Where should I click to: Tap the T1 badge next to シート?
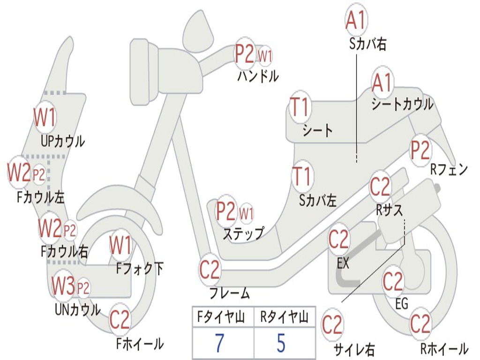[x=300, y=107]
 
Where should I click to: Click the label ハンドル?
[x=258, y=75]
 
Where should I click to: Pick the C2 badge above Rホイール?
[x=420, y=324]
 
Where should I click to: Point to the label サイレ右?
[x=354, y=349]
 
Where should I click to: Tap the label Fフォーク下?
[x=140, y=269]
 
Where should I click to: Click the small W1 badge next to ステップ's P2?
[x=247, y=214]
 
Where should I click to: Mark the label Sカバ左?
[x=318, y=201]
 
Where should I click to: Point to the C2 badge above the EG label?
[x=393, y=282]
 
